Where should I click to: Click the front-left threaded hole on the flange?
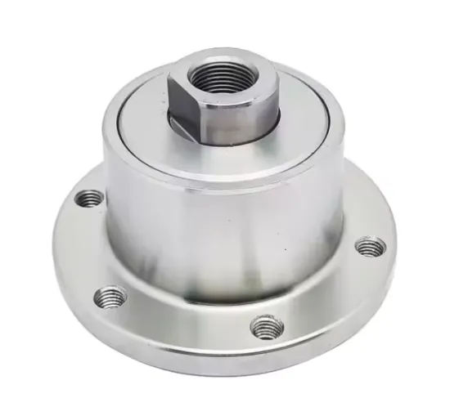pyautogui.click(x=110, y=296)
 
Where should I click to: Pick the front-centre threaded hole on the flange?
pyautogui.click(x=266, y=327)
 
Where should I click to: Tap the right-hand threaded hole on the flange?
pyautogui.click(x=369, y=245)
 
